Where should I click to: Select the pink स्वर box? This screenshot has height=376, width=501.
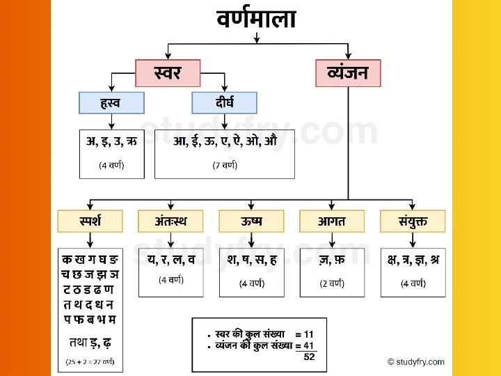click(168, 72)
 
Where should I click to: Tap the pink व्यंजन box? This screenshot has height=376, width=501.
click(348, 72)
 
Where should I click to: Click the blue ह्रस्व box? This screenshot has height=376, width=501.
click(111, 103)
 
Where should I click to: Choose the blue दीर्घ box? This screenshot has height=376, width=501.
click(224, 103)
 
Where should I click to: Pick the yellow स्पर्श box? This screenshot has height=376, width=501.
click(90, 221)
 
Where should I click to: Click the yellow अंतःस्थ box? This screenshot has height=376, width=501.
click(171, 221)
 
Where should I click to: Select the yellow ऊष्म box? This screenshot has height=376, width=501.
click(251, 221)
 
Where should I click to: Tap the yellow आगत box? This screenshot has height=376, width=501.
click(332, 221)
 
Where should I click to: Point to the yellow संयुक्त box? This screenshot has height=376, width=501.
click(413, 221)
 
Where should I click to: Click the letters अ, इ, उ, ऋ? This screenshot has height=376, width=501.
click(111, 143)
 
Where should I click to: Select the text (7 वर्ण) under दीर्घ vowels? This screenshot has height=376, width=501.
click(224, 166)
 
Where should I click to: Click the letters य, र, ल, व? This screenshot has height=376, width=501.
click(171, 260)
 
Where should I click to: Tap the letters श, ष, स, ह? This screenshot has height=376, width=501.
click(251, 260)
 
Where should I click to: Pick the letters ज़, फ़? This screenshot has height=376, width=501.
click(332, 260)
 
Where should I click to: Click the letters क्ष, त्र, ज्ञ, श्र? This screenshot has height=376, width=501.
click(413, 260)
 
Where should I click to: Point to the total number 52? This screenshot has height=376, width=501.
click(309, 357)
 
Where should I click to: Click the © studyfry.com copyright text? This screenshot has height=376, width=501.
click(416, 361)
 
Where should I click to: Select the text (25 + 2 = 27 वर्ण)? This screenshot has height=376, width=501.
click(90, 362)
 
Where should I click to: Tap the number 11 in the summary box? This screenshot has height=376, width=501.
click(308, 334)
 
